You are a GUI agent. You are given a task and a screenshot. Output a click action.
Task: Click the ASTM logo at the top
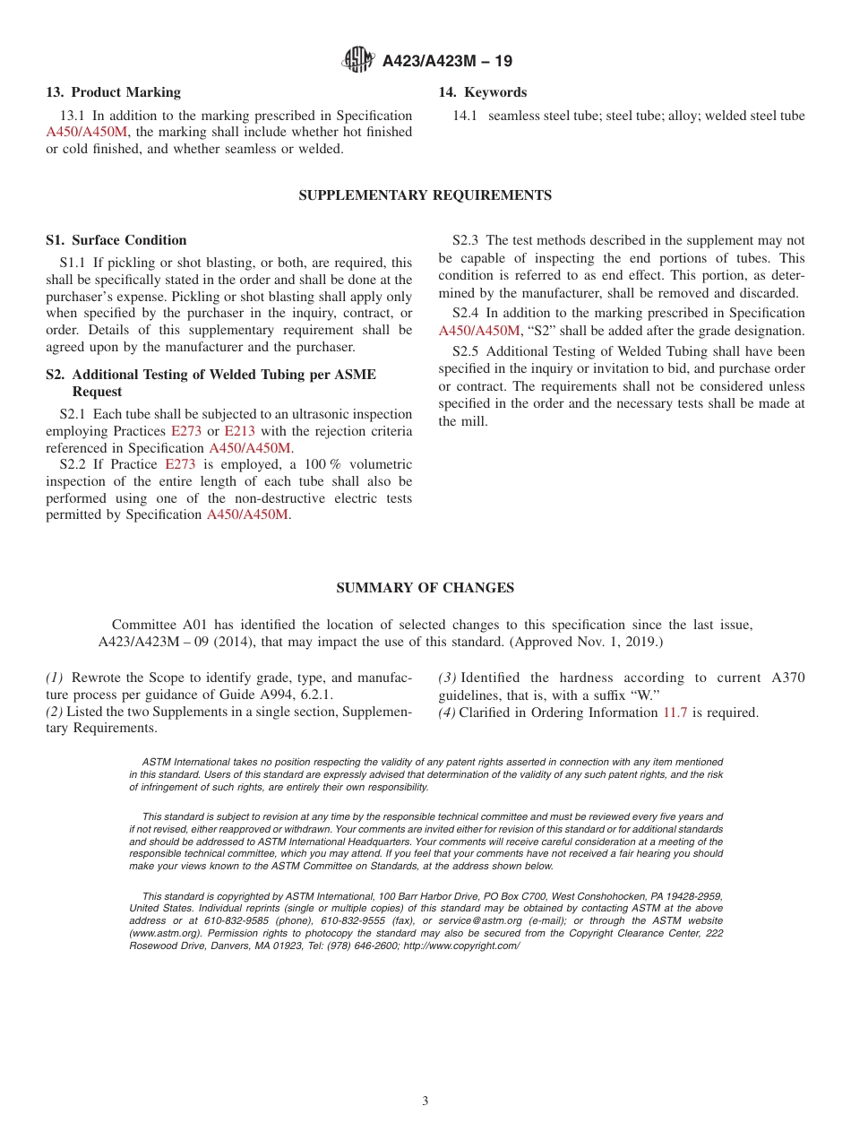pyautogui.click(x=357, y=61)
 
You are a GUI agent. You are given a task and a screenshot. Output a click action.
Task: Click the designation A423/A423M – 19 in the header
pyautogui.click(x=447, y=62)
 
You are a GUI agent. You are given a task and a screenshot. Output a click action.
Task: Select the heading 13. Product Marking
pyautogui.click(x=113, y=92)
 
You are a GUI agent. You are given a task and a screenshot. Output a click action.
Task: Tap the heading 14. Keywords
pyautogui.click(x=482, y=92)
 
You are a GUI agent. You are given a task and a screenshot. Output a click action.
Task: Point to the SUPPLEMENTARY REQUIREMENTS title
pyautogui.click(x=425, y=195)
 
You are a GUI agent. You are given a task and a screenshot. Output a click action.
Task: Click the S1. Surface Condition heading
pyautogui.click(x=116, y=240)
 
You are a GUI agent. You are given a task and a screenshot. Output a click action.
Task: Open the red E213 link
pyautogui.click(x=239, y=431)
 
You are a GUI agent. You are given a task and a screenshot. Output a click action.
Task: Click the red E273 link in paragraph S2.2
pyautogui.click(x=180, y=464)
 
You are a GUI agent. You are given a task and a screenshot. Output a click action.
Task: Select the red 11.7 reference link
pyautogui.click(x=674, y=712)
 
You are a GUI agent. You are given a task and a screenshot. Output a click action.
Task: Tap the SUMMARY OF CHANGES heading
pyautogui.click(x=425, y=588)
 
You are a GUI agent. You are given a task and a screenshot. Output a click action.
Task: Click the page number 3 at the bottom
pyautogui.click(x=425, y=1101)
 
